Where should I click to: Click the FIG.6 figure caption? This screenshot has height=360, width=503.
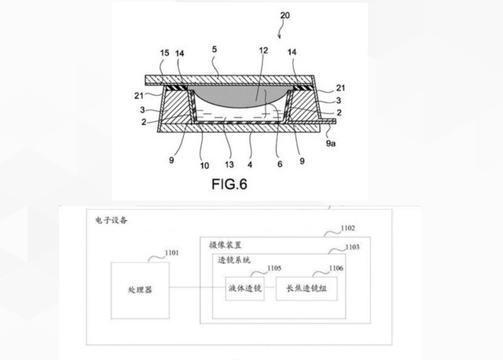pyautogui.click(x=229, y=184)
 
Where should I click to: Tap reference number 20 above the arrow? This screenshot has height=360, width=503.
pyautogui.click(x=285, y=15)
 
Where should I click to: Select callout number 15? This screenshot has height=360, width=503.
pyautogui.click(x=164, y=53)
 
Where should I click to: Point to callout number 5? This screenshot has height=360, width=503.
pyautogui.click(x=215, y=49)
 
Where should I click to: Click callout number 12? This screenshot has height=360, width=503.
pyautogui.click(x=263, y=50)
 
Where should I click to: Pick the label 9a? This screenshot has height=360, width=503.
pyautogui.click(x=331, y=143)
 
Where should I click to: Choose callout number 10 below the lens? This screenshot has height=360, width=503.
pyautogui.click(x=204, y=166)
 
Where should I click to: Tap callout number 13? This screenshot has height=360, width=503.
pyautogui.click(x=229, y=164)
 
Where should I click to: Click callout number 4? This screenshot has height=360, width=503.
pyautogui.click(x=250, y=165)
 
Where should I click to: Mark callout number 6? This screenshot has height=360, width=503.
pyautogui.click(x=280, y=164)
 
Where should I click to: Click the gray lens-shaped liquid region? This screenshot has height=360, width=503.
pyautogui.click(x=240, y=96)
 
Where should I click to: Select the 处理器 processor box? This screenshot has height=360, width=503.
pyautogui.click(x=140, y=290)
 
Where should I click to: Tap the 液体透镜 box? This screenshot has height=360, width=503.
pyautogui.click(x=244, y=288)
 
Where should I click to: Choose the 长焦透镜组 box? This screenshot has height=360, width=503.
pyautogui.click(x=307, y=288)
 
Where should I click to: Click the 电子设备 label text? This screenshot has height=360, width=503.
pyautogui.click(x=112, y=220)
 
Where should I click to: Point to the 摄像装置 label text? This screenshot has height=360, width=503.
pyautogui.click(x=225, y=245)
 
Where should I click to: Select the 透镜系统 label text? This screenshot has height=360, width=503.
pyautogui.click(x=234, y=260)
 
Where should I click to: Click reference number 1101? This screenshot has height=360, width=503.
pyautogui.click(x=172, y=253)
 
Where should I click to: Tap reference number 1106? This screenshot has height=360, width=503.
pyautogui.click(x=336, y=268)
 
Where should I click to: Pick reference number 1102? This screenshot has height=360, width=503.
pyautogui.click(x=347, y=228)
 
